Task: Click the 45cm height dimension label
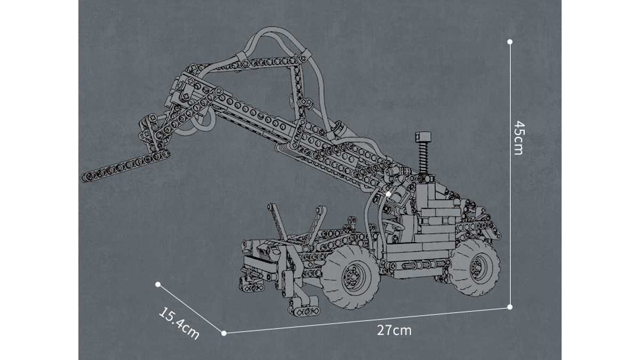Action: pyautogui.click(x=519, y=138)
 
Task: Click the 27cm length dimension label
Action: pyautogui.click(x=394, y=331)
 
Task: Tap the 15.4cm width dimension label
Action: pyautogui.click(x=179, y=323)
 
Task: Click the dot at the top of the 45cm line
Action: pyautogui.click(x=510, y=42)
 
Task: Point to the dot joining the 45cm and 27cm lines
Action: pyautogui.click(x=510, y=307)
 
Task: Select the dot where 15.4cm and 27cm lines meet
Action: pyautogui.click(x=224, y=333)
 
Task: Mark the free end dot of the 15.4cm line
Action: pyautogui.click(x=158, y=284)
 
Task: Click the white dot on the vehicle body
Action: pyautogui.click(x=388, y=194)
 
